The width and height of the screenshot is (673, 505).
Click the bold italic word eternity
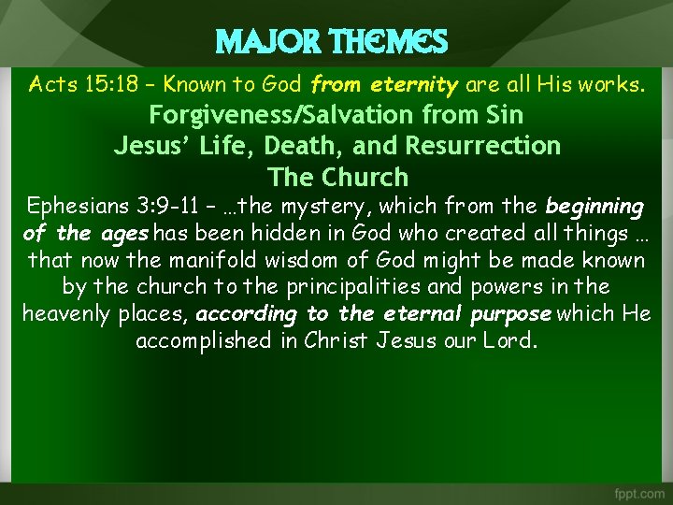pos(414,85)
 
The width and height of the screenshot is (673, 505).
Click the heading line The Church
pos(337,177)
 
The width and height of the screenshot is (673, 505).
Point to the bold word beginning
pos(594,206)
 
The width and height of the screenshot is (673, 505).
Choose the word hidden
pos(305,233)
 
